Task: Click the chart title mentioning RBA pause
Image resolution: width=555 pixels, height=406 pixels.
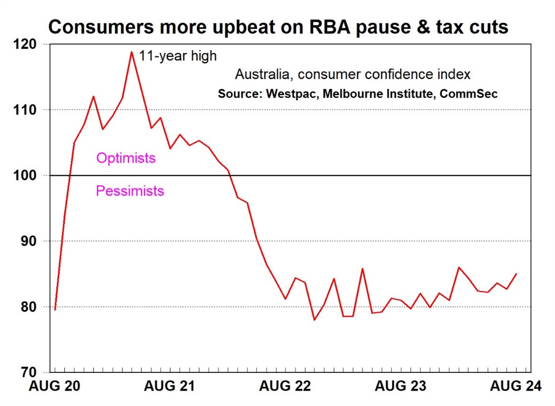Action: click(278, 26)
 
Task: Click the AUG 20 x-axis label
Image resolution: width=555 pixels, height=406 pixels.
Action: click(55, 387)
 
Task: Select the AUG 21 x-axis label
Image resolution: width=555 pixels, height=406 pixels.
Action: click(170, 387)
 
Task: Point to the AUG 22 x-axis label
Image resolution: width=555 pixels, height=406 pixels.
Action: click(286, 387)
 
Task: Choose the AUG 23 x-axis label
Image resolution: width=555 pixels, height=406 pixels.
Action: click(401, 387)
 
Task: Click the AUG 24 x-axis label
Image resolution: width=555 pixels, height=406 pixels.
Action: click(516, 387)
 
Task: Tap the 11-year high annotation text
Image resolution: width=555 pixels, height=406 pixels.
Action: click(178, 56)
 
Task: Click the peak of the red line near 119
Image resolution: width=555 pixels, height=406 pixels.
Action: click(131, 52)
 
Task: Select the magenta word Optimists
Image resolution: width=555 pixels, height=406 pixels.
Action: click(126, 158)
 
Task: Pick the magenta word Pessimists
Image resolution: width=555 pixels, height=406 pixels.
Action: click(130, 191)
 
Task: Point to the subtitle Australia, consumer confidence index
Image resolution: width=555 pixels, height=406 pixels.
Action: click(353, 75)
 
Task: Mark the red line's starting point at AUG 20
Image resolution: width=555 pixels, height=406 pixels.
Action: click(55, 309)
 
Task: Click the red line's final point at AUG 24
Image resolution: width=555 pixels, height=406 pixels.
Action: click(516, 273)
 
